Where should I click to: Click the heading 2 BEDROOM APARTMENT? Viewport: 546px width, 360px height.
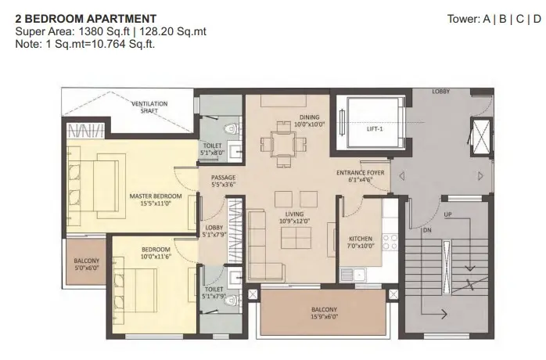pyautogui.click(x=86, y=19)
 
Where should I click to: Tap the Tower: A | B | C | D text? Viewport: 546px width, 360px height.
pyautogui.click(x=494, y=19)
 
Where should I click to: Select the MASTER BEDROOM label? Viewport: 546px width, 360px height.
pyautogui.click(x=156, y=196)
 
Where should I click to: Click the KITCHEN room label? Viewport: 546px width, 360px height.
pyautogui.click(x=361, y=239)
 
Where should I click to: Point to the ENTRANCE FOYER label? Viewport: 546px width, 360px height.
pyautogui.click(x=361, y=172)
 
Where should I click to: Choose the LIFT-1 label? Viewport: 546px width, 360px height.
pyautogui.click(x=375, y=129)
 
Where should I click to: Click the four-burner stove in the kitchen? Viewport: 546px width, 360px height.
pyautogui.click(x=390, y=242)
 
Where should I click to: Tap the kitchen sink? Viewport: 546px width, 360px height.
pyautogui.click(x=353, y=275)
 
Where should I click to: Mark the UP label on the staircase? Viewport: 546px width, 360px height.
pyautogui.click(x=447, y=214)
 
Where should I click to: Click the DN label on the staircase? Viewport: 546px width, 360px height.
pyautogui.click(x=427, y=230)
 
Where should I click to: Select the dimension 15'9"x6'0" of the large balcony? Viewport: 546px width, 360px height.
pyautogui.click(x=324, y=317)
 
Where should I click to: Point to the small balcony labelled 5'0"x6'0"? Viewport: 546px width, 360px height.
pyautogui.click(x=86, y=261)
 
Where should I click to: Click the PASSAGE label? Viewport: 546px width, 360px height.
pyautogui.click(x=223, y=178)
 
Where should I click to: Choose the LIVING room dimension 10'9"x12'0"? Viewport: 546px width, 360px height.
pyautogui.click(x=294, y=221)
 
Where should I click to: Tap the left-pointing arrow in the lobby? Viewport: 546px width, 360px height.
pyautogui.click(x=401, y=176)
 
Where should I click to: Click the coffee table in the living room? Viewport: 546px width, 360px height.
pyautogui.click(x=296, y=238)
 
